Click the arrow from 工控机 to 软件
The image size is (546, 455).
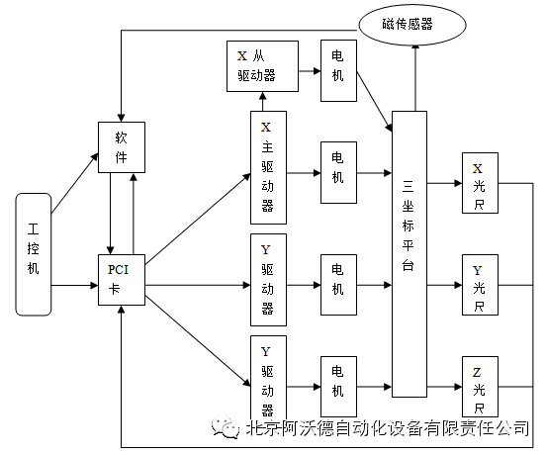pos(75,183)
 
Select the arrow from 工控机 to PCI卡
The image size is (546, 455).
pos(75,286)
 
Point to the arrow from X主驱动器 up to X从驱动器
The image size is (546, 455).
pos(263,102)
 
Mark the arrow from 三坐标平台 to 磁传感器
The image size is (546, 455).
pos(415,78)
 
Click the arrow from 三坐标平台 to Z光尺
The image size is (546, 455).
pos(445,387)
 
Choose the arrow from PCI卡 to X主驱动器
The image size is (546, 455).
pos(198,219)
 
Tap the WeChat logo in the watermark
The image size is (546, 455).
pos(226,427)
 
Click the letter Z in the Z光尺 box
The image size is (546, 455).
pos(477,373)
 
